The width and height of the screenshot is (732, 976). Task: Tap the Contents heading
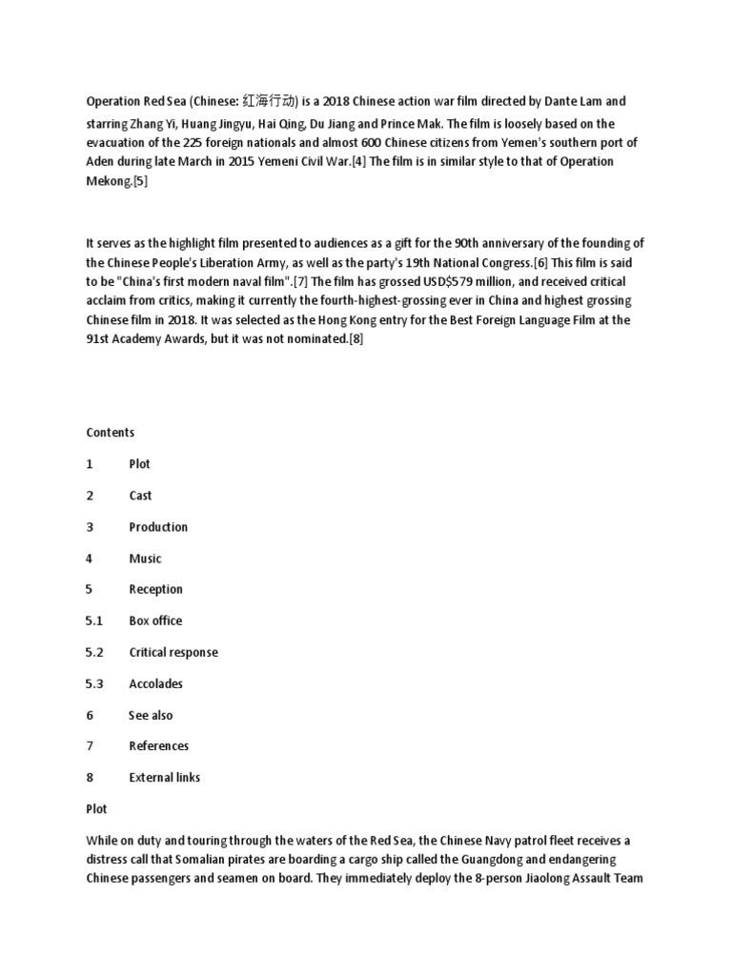click(111, 433)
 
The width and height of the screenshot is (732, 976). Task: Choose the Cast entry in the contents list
click(140, 496)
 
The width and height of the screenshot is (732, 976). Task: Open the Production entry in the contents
click(158, 527)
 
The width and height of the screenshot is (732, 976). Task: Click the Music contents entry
click(145, 559)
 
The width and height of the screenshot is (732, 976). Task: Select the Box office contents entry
click(155, 620)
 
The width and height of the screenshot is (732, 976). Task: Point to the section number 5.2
click(93, 652)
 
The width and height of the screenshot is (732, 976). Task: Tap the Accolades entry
click(155, 683)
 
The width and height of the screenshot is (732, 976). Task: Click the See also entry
click(151, 715)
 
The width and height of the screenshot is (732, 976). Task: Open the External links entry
click(165, 778)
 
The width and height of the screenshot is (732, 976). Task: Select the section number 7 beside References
click(90, 746)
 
